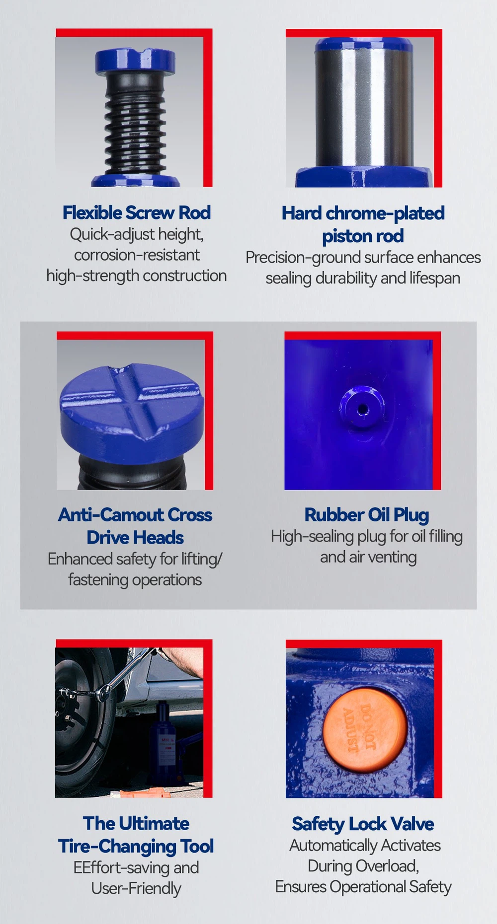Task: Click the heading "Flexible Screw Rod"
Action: [x=137, y=213]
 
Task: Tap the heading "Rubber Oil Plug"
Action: [x=367, y=515]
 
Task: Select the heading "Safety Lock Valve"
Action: [x=363, y=824]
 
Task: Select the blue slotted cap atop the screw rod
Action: [x=135, y=61]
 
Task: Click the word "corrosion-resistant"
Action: [x=137, y=255]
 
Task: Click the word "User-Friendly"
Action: [x=136, y=888]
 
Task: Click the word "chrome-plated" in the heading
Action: [x=385, y=213]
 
